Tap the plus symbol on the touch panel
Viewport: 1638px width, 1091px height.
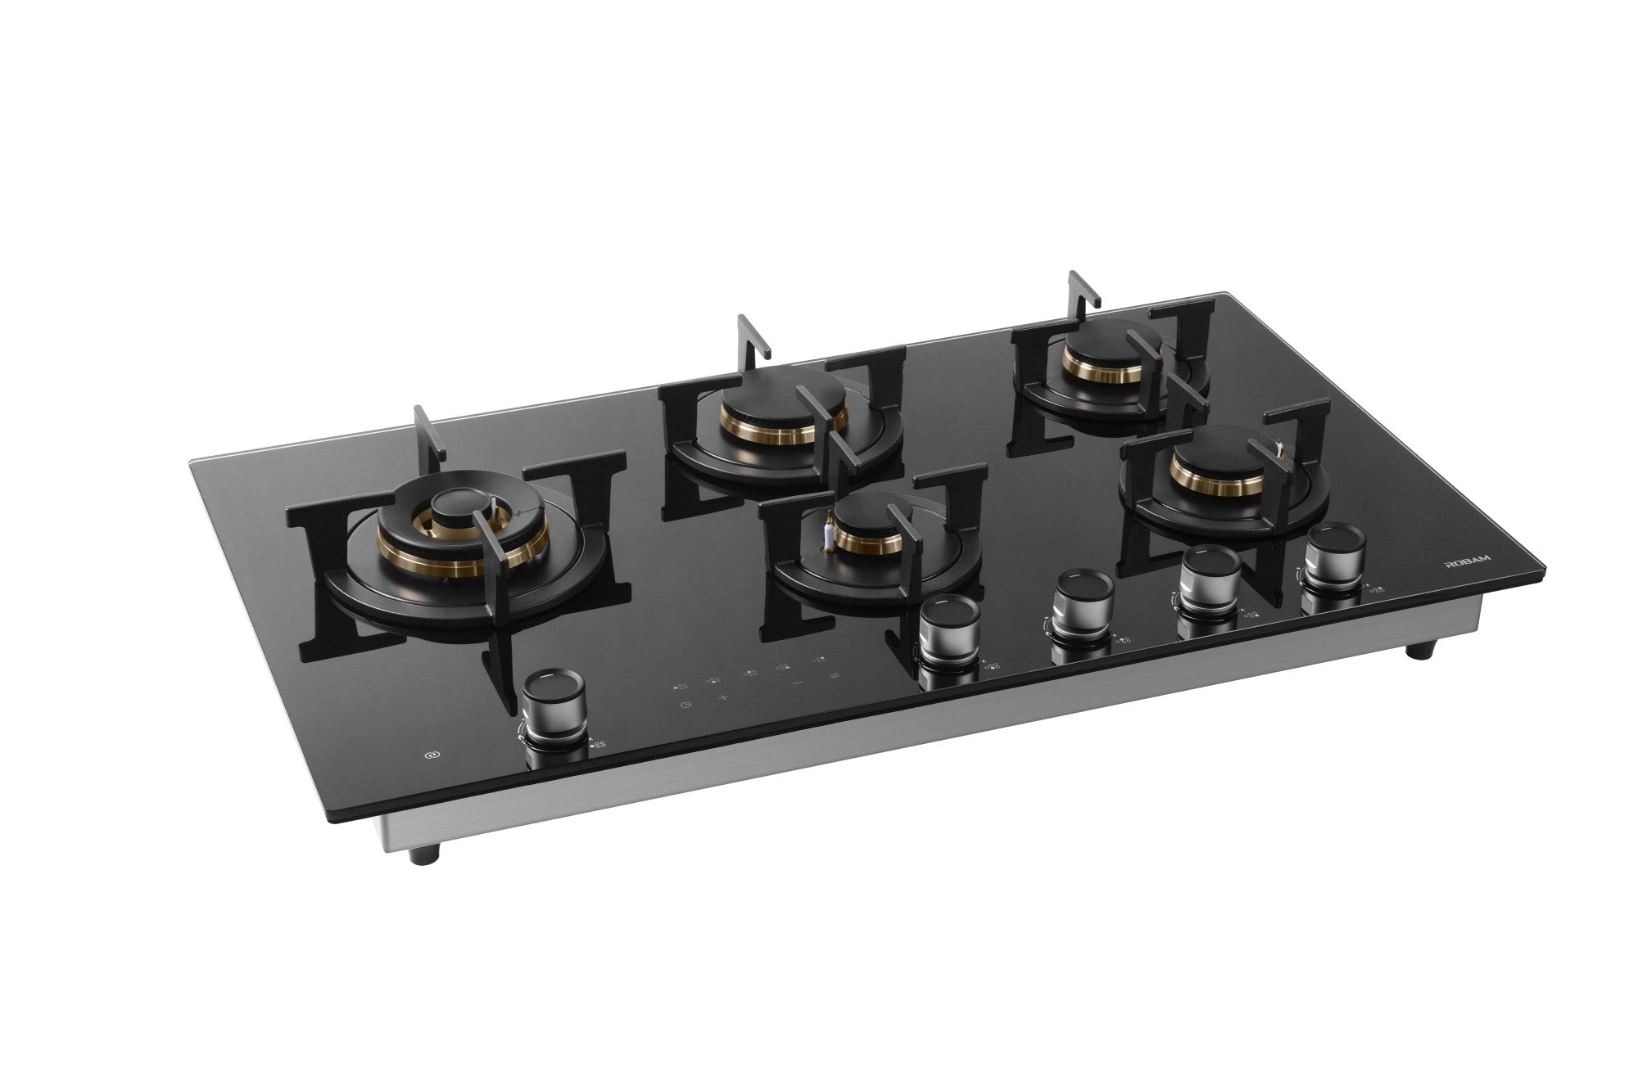723,697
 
